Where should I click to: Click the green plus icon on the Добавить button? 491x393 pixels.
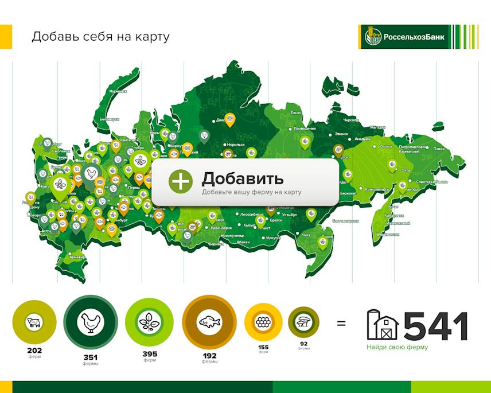coord(180,181)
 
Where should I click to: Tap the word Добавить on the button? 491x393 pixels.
coord(243,178)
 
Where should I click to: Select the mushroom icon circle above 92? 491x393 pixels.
coord(303,322)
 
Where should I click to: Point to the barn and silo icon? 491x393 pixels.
coord(383,325)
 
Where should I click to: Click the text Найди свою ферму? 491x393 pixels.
coord(398,347)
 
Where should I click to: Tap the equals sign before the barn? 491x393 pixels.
coord(341,323)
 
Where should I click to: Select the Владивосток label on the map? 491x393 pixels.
coord(387,234)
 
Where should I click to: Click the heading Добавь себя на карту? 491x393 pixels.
coord(100,37)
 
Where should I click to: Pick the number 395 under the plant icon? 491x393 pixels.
coord(150,354)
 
